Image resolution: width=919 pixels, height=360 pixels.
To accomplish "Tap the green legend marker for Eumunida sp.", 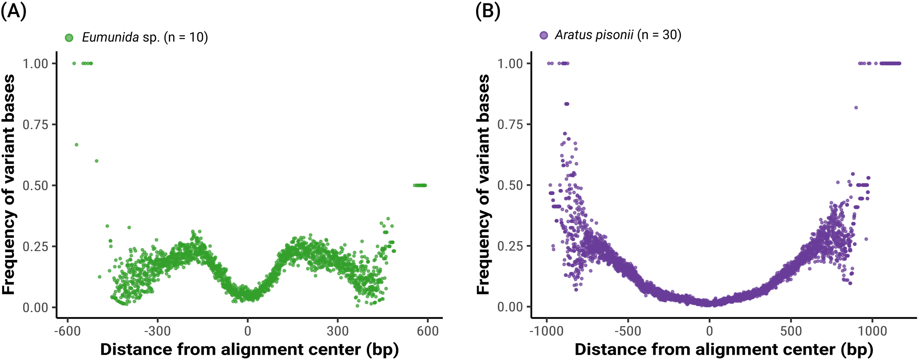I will tap(69, 38).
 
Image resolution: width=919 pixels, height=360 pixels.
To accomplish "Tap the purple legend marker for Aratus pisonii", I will tap(544, 35).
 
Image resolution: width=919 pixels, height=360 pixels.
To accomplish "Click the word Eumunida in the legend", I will tap(110, 37).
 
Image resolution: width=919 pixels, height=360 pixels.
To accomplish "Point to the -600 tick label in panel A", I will tap(67, 331).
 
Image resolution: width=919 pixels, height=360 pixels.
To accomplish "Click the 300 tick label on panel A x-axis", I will tap(337, 331).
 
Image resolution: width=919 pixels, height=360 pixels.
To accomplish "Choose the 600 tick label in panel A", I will tap(428, 331).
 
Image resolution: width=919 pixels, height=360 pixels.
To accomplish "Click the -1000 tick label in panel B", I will tap(546, 331).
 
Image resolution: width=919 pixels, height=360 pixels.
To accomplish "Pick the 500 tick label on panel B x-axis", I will tap(791, 331).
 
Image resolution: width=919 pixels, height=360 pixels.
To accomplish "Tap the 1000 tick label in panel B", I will tap(872, 331).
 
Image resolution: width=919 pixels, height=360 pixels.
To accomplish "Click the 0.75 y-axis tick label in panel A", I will tap(36, 125).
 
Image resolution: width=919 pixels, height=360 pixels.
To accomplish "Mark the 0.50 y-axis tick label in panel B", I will tap(510, 185).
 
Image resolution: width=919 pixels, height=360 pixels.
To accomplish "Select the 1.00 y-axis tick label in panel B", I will tap(510, 64).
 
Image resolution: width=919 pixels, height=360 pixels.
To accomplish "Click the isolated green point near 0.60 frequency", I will tap(97, 161).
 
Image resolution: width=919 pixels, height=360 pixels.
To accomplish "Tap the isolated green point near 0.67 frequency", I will tap(76, 145).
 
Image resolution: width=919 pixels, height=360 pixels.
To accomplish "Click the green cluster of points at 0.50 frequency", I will tap(420, 185).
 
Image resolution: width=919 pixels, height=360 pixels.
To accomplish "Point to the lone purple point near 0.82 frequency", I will tap(856, 108).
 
